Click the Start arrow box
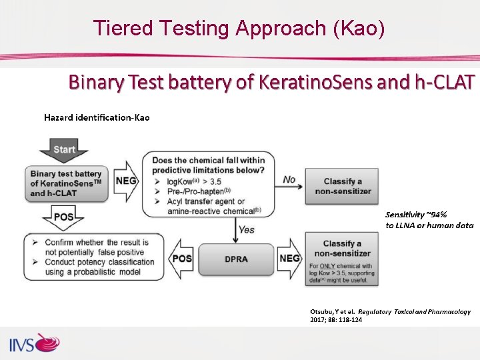coord(64,149)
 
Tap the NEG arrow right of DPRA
coord(289,258)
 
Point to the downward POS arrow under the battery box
coord(64,217)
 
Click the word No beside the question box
coord(289,179)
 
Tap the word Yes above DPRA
coord(246,229)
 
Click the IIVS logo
coord(34,344)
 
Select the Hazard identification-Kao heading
coord(97,117)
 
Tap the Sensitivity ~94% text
coord(416,215)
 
